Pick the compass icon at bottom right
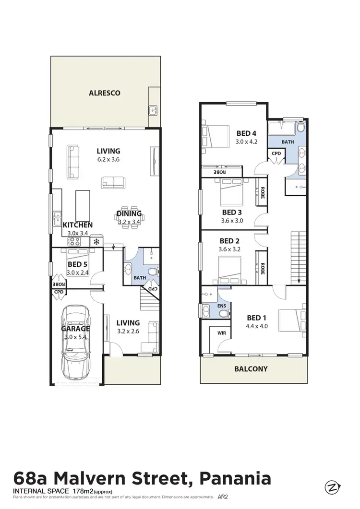click(331, 487)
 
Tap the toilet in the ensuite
click(223, 313)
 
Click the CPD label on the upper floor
click(276, 154)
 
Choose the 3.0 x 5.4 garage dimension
click(75, 337)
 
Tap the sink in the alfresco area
click(154, 110)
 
